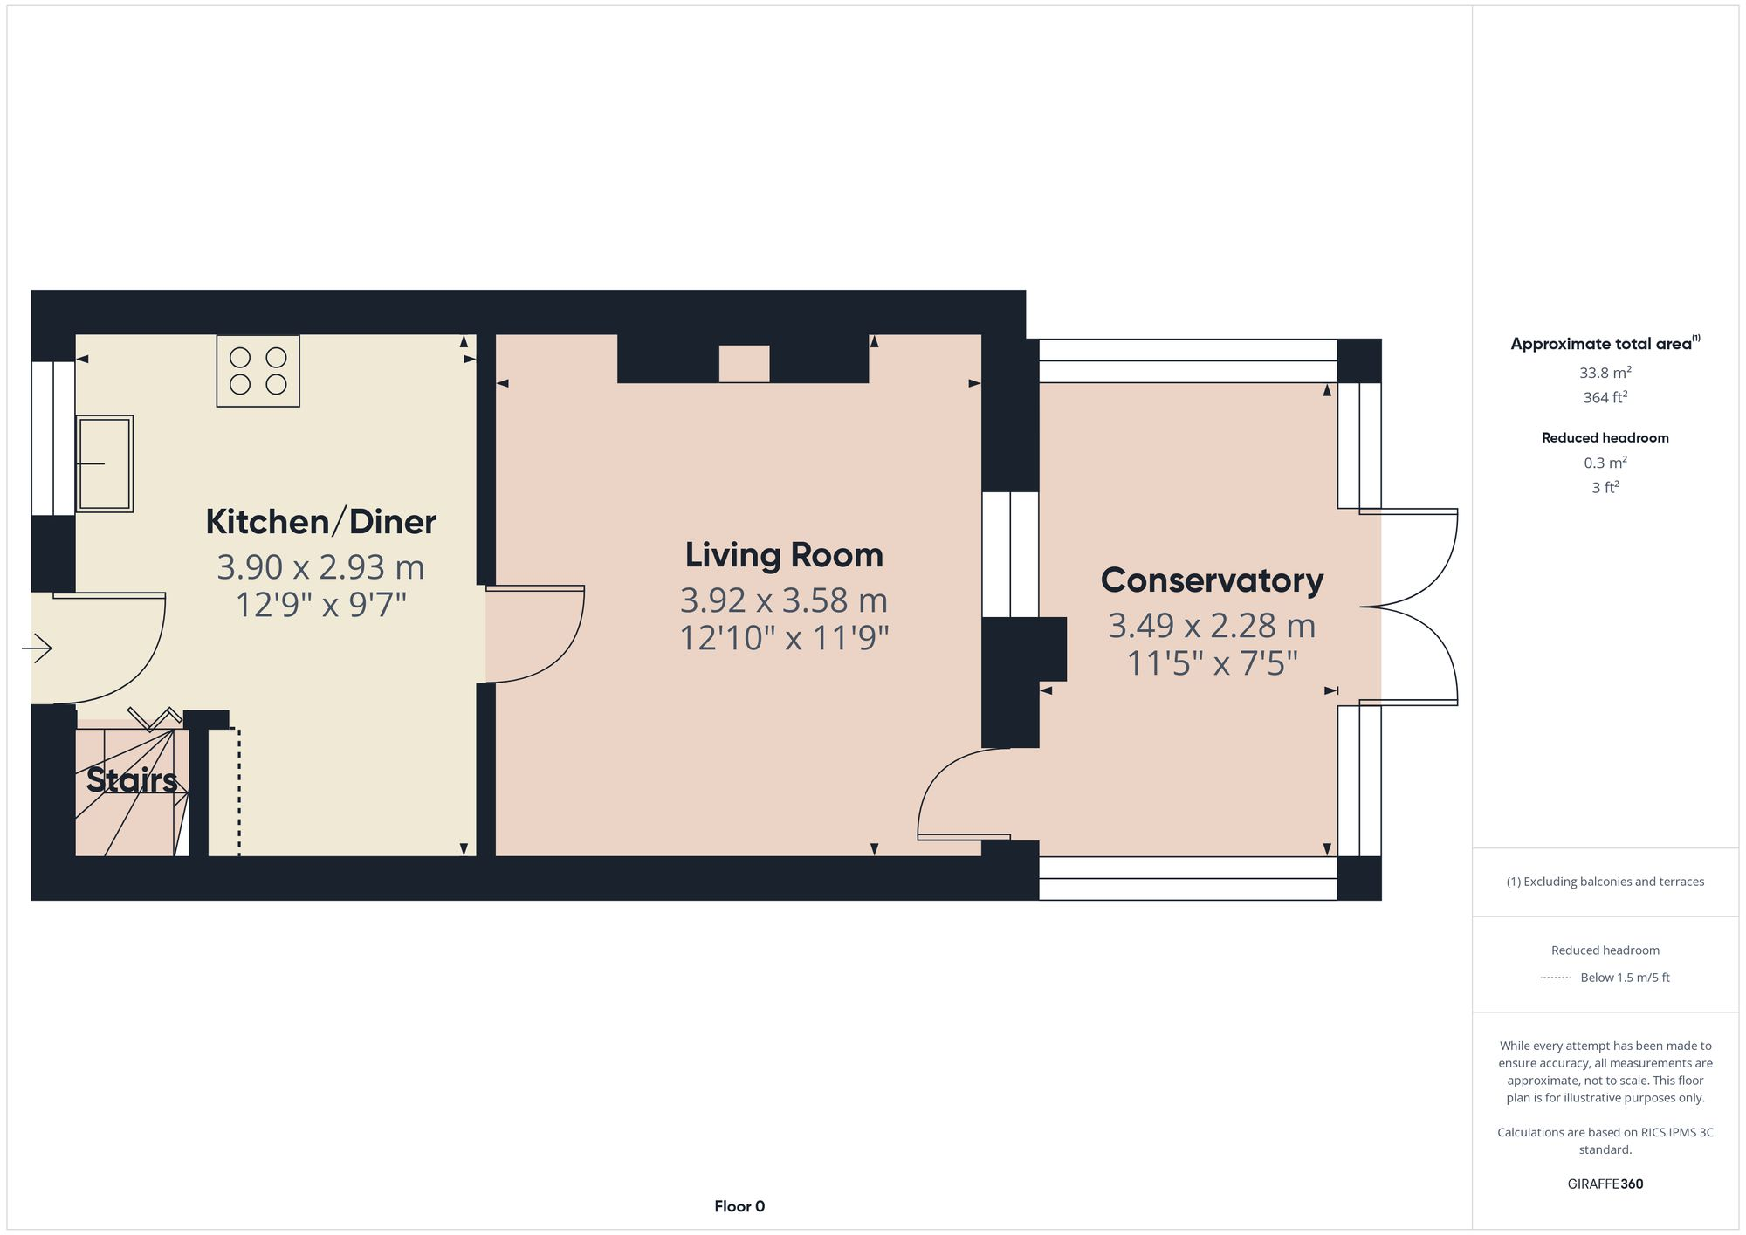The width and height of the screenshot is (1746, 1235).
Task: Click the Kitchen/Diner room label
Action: [x=320, y=522]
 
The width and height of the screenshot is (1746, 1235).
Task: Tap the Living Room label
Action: [x=783, y=555]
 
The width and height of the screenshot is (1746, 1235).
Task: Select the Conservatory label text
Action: [x=1212, y=580]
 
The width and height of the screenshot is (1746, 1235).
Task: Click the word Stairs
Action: [x=132, y=780]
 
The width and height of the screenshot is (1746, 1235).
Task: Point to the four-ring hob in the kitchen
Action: [x=258, y=371]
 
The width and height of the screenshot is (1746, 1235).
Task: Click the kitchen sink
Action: [x=105, y=463]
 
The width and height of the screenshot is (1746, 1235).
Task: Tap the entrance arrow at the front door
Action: [x=38, y=648]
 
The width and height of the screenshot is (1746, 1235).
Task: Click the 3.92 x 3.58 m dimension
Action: [x=783, y=600]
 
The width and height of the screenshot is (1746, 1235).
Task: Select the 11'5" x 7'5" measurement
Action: [x=1212, y=664]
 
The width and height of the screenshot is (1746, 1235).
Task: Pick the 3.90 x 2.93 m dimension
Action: [x=320, y=567]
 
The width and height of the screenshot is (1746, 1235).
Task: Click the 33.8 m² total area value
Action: [x=1605, y=373]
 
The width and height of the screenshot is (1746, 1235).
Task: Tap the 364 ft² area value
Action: [x=1605, y=398]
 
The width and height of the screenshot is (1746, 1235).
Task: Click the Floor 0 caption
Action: [x=739, y=1206]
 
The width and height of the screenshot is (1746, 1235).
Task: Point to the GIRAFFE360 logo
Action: [x=1605, y=1184]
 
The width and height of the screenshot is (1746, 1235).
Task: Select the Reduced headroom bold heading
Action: [x=1605, y=438]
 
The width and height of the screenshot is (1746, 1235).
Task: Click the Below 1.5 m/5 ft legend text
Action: [x=1625, y=978]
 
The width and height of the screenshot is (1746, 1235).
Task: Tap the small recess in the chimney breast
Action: [x=744, y=363]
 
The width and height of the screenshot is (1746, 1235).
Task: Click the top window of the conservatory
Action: [x=1187, y=360]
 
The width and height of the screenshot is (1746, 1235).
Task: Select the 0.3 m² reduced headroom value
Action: [x=1605, y=463]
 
